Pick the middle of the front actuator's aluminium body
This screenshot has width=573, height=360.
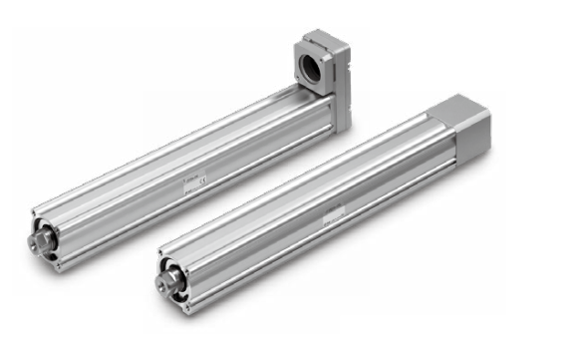[x=319, y=204]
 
